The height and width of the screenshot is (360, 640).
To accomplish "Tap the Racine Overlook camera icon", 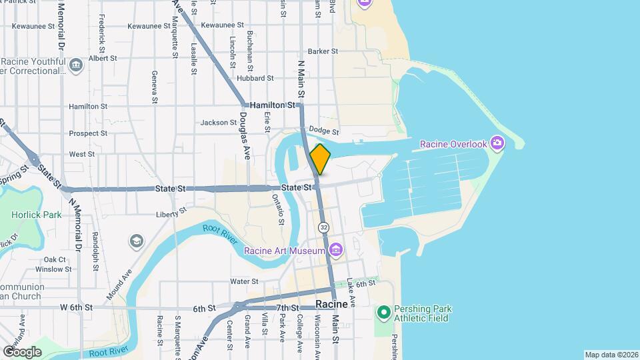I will pos(497,143).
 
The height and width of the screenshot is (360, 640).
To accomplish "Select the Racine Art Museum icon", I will pos(335,251).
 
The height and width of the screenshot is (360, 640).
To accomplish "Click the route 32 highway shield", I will pos(323,227).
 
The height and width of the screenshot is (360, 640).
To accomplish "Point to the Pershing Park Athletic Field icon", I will pos(383,312).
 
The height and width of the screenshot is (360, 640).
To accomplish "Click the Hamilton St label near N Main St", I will pos(272,105).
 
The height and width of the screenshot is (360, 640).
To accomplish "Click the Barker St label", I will pos(323,51).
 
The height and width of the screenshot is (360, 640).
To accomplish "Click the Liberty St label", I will pos(171,213).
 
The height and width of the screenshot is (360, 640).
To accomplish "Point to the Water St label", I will pos(244,281).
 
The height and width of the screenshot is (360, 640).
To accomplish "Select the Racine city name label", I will pos(332,304).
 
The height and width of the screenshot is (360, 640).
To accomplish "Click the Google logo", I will pos(22,351).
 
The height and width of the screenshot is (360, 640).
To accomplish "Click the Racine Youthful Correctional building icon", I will pos(75,65).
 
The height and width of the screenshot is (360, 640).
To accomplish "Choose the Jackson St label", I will pos(219,123).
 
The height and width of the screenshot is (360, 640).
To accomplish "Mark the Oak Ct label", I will pos(55,259).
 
